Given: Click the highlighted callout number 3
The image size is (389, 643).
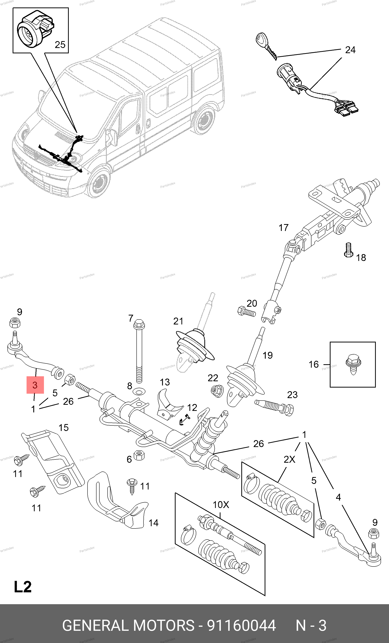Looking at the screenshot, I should (x=35, y=385).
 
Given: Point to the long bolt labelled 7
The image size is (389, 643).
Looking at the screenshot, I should (x=139, y=352).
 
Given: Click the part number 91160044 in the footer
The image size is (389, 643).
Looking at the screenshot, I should (x=241, y=626).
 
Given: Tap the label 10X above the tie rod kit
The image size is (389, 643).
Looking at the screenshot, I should (x=221, y=505).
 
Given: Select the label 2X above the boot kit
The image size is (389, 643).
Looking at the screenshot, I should (x=289, y=459).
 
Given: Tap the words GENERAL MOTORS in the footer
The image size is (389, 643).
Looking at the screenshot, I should (x=128, y=626).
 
